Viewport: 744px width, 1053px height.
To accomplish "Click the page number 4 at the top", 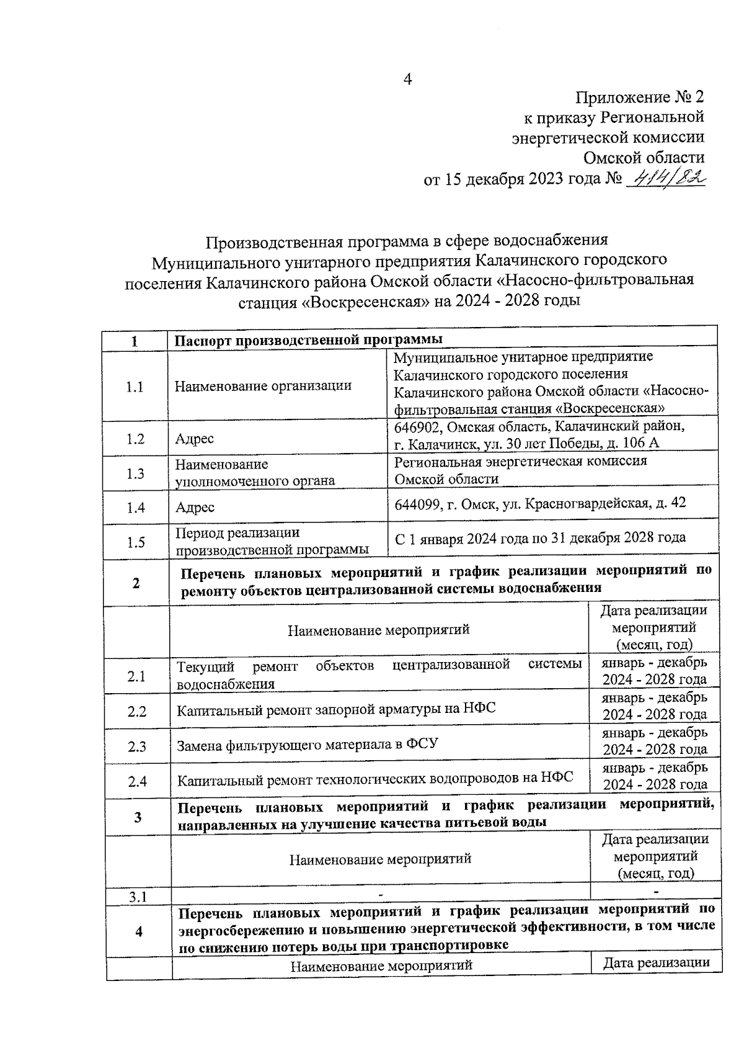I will tap(407, 79).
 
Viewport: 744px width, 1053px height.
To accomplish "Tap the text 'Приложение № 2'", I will tap(640, 97).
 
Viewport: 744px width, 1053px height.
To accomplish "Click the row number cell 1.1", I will tap(135, 387).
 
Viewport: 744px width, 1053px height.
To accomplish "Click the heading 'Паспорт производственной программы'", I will tap(308, 339).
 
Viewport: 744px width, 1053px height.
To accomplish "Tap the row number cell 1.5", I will tap(136, 542).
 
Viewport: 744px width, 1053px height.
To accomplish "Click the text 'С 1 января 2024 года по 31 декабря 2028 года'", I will tap(540, 537).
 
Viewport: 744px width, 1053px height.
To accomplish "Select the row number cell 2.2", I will tap(137, 712).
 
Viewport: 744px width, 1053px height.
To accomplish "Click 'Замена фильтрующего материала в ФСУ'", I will tap(308, 744).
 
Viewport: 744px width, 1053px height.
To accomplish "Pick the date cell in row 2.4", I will tap(655, 776).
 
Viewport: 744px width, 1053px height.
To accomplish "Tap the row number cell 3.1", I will tap(138, 897).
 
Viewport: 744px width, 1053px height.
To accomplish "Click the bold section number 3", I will tap(138, 817).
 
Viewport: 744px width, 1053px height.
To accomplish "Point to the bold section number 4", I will tap(139, 931).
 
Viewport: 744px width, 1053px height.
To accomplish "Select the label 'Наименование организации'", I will tap(263, 386).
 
